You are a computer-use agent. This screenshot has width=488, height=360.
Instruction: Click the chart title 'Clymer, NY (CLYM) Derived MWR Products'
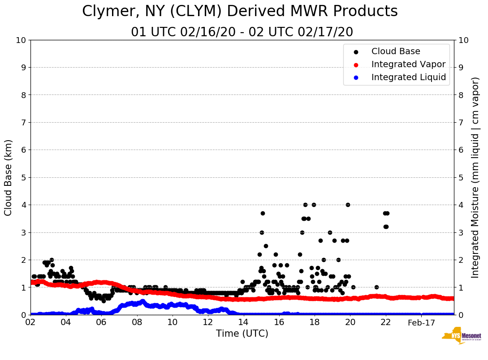click(240, 12)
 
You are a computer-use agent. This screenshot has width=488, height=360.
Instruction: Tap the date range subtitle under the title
click(242, 32)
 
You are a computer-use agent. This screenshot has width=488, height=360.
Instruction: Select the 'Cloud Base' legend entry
click(396, 51)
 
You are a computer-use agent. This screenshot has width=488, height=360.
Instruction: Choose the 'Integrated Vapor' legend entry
click(408, 64)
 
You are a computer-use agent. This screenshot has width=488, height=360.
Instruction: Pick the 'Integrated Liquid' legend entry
click(408, 77)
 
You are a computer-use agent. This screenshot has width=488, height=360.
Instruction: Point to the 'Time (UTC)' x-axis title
click(242, 334)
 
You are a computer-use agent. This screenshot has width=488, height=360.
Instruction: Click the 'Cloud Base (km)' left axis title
click(9, 177)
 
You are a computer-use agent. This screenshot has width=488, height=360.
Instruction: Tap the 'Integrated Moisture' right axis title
click(475, 177)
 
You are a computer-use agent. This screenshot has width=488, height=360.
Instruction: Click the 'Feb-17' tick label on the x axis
click(421, 322)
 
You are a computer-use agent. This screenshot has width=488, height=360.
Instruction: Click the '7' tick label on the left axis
click(22, 122)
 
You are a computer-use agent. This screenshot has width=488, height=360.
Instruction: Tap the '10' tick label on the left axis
click(21, 40)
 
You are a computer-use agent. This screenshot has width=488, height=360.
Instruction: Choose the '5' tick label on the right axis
click(461, 177)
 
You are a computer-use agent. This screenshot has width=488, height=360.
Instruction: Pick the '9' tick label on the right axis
click(461, 68)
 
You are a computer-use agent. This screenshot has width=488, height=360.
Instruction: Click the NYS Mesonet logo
click(461, 336)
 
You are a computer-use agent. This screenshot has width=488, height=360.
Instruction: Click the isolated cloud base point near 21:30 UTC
click(376, 287)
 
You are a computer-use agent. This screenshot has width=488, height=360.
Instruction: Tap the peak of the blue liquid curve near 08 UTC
click(143, 301)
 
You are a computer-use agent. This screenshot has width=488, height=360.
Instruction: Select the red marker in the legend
click(356, 64)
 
